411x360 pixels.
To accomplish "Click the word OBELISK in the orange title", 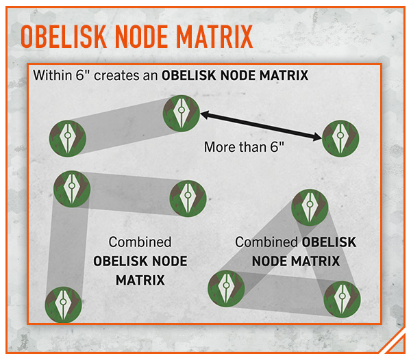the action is pyautogui.click(x=64, y=36).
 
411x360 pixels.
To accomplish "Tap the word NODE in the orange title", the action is pyautogui.click(x=141, y=36).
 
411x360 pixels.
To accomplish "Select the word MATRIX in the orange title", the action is pyautogui.click(x=214, y=36).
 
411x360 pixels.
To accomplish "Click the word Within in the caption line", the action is pyautogui.click(x=52, y=75).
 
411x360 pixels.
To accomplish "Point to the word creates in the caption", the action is pyautogui.click(x=116, y=76).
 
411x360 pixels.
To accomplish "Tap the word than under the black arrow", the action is pyautogui.click(x=251, y=147).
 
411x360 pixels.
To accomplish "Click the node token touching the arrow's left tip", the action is pyautogui.click(x=181, y=113).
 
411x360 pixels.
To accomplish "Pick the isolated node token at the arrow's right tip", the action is pyautogui.click(x=340, y=138).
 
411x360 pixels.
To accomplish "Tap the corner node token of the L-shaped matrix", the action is pyautogui.click(x=72, y=189).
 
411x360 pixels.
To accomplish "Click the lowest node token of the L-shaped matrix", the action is pyautogui.click(x=63, y=305).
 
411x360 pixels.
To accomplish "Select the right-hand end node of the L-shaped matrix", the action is pyautogui.click(x=188, y=198).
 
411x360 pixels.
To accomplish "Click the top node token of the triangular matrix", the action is pyautogui.click(x=310, y=207).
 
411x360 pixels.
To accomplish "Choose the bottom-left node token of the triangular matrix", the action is pyautogui.click(x=226, y=289).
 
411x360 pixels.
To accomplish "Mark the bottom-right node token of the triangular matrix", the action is pyautogui.click(x=342, y=299).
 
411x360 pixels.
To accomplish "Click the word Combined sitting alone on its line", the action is pyautogui.click(x=140, y=242).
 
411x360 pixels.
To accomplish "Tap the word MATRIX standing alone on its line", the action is pyautogui.click(x=140, y=280).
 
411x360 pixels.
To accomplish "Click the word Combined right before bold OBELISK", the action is pyautogui.click(x=266, y=242).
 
